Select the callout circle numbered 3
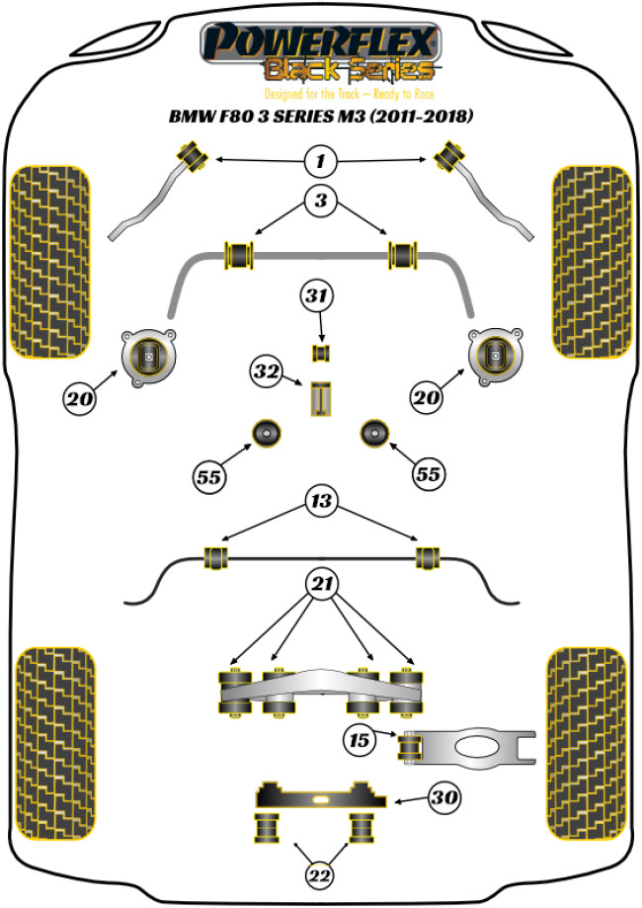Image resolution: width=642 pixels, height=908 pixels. point(320,203)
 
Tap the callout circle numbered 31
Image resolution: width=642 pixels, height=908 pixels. point(320,295)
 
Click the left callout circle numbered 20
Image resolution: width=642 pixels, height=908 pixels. point(80,399)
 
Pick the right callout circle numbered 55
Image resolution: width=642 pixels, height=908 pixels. point(427,474)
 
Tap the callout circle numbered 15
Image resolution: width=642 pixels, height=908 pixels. point(360,738)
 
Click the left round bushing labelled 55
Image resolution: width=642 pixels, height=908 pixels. point(266,433)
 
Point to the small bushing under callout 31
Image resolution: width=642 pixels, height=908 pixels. point(320,352)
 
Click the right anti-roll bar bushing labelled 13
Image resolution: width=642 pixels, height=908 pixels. point(427,556)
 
